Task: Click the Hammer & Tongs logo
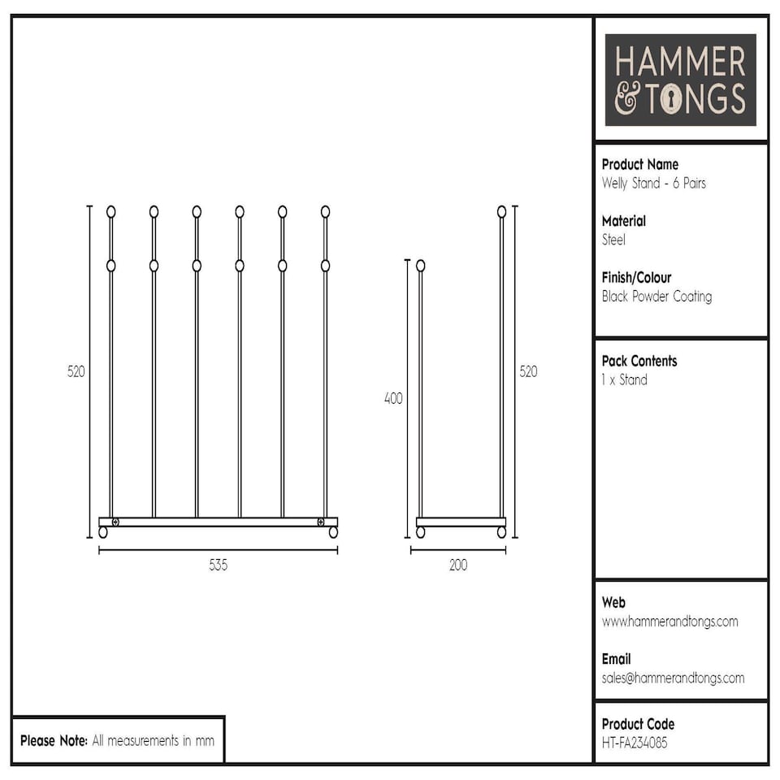681,80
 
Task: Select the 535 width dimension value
218,565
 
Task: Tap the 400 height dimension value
393,399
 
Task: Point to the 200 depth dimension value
458,565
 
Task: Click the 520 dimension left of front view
76,371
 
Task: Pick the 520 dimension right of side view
528,371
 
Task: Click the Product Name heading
639,164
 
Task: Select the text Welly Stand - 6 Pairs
653,184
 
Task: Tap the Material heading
623,221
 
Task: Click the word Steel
613,240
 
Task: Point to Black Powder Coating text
656,297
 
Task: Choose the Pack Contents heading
639,361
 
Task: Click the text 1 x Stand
624,380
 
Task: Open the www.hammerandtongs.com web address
669,622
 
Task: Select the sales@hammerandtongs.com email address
673,678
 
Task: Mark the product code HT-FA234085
634,743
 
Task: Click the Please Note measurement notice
117,741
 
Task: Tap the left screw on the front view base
115,522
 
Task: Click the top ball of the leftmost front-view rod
111,212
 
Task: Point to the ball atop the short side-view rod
420,266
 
